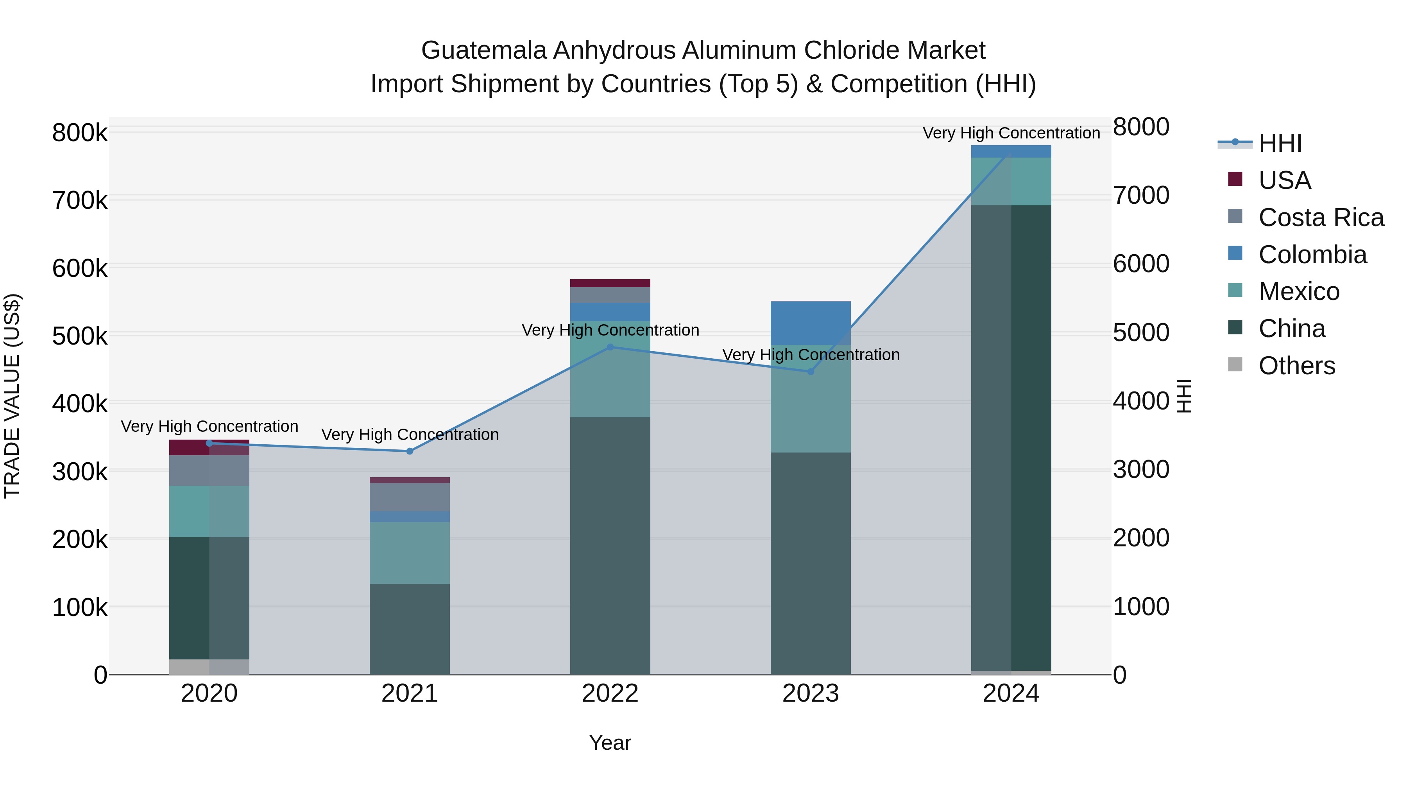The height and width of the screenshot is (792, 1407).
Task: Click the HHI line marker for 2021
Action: (410, 451)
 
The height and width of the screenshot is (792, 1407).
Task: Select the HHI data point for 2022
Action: (610, 347)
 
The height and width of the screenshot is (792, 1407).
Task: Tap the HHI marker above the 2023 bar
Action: (811, 372)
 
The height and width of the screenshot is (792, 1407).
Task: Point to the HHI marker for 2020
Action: (209, 443)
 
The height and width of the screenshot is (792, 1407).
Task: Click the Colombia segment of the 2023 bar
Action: (811, 323)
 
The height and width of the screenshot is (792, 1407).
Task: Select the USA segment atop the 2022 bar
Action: (610, 283)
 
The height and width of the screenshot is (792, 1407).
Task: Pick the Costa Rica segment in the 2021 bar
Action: (410, 497)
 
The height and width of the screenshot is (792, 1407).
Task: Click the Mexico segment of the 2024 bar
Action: (1011, 181)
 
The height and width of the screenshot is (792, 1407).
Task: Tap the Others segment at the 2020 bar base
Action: (209, 667)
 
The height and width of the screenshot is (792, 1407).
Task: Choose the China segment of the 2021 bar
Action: (410, 629)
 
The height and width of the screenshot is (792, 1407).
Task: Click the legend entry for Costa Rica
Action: (1321, 217)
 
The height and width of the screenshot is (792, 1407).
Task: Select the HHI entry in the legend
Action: (1280, 143)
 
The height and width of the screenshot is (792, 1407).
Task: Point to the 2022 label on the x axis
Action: (610, 693)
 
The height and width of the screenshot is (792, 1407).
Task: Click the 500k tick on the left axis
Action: (80, 336)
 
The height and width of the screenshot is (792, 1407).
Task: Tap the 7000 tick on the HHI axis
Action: (1141, 195)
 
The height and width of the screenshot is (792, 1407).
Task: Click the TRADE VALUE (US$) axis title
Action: (12, 396)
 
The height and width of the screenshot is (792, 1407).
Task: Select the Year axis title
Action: (610, 743)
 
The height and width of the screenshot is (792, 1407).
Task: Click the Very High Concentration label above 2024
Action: (1011, 133)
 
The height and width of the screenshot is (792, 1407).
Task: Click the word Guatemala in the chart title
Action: (483, 50)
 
